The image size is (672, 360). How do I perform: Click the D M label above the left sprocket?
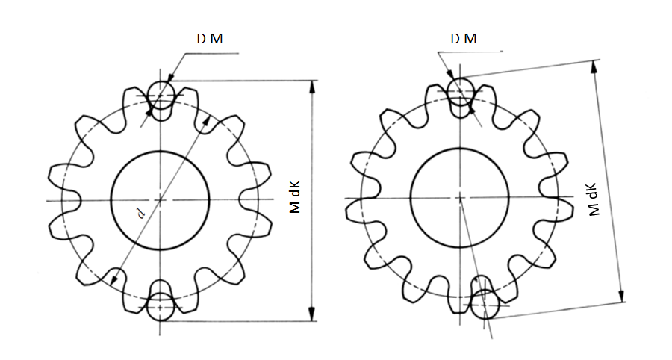pos(210,39)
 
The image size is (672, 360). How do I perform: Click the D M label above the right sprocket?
pos(463,39)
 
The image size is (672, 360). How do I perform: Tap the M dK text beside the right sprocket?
pos(593,199)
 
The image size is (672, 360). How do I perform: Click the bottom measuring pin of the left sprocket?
pos(161,306)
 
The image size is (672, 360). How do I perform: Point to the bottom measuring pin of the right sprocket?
pos(485,304)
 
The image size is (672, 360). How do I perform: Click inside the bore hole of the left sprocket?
pos(161,200)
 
